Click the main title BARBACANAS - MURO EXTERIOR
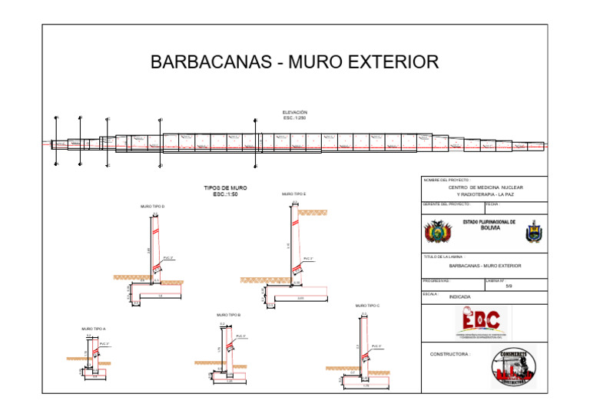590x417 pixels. click(x=294, y=62)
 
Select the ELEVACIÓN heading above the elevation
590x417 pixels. click(x=294, y=112)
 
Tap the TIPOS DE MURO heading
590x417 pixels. click(x=225, y=187)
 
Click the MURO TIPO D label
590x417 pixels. click(x=152, y=207)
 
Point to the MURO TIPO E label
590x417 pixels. click(x=294, y=194)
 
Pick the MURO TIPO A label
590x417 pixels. click(x=93, y=329)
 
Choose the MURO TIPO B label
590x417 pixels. click(x=229, y=315)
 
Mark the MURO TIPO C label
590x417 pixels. click(x=367, y=306)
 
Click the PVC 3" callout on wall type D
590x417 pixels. click(x=168, y=258)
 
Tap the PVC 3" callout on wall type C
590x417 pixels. click(x=376, y=346)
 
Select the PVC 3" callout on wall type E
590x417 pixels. click(x=308, y=258)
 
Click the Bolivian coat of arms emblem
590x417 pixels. click(x=439, y=230)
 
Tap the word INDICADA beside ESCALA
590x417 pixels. click(x=460, y=296)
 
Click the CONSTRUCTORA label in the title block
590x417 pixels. click(x=450, y=355)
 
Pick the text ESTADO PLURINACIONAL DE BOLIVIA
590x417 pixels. click(x=489, y=224)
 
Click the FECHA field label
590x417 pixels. click(x=492, y=204)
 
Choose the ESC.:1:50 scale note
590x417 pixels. click(x=225, y=194)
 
